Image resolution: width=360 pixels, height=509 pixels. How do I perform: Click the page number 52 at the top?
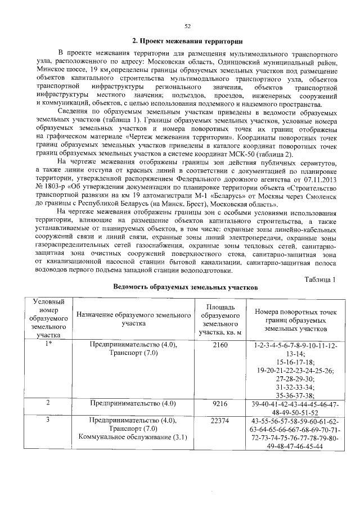[187, 25]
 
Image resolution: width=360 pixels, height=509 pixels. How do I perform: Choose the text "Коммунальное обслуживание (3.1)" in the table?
[133, 438]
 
